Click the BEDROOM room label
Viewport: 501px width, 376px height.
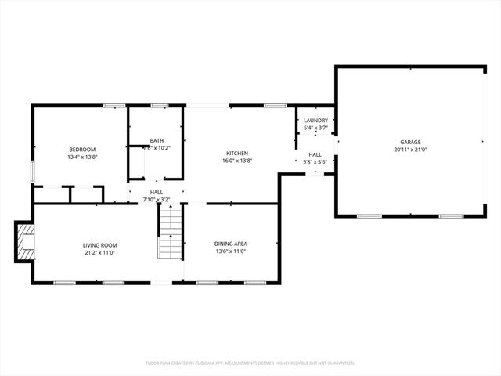82,150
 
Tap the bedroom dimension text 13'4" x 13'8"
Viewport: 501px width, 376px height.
82,157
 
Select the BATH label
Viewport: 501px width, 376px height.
157,140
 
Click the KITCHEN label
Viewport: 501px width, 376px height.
237,154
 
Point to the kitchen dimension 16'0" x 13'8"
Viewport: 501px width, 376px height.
237,161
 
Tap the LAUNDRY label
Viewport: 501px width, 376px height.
315,120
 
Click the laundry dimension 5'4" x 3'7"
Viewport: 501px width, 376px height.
315,128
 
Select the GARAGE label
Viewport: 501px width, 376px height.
410,142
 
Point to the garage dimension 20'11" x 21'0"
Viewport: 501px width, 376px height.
410,150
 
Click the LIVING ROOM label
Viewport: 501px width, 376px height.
99,245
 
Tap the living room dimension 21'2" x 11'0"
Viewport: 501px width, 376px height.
99,252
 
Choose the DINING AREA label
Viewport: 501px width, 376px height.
230,244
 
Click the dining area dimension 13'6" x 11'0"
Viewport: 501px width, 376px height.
230,252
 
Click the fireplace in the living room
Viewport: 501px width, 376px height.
27,240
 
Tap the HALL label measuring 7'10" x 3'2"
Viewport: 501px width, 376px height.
157,192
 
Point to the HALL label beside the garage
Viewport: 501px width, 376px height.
315,154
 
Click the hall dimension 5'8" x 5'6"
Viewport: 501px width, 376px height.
315,162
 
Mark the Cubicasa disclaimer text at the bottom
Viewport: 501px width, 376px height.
250,363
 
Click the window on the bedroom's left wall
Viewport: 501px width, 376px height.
32,172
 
